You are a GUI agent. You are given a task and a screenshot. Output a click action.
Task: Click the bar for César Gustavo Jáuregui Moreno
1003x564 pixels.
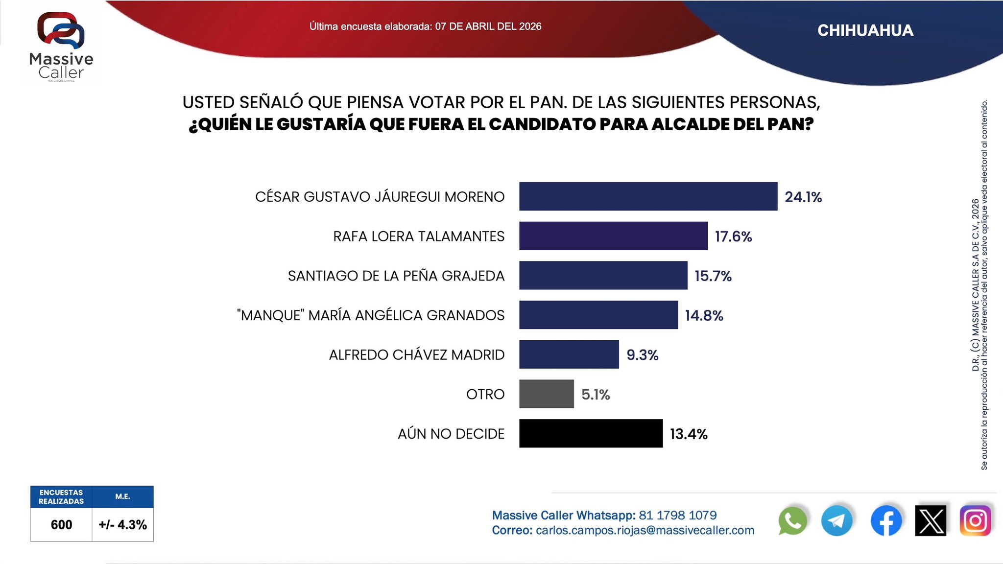point(648,196)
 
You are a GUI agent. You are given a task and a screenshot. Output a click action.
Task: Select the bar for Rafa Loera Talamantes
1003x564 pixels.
point(613,236)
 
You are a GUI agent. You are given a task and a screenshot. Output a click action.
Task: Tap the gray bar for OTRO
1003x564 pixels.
point(546,394)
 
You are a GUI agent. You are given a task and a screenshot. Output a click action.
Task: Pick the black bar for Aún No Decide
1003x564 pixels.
point(591,433)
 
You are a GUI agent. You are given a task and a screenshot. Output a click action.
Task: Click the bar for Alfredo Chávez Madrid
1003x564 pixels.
point(569,354)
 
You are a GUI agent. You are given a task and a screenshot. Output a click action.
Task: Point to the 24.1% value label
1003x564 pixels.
point(803,197)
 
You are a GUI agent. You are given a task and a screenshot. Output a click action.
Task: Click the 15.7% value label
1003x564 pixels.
point(713,276)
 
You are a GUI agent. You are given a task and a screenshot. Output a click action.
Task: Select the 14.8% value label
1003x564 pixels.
point(704,315)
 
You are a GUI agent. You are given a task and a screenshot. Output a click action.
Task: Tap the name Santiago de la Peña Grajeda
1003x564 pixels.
point(396,276)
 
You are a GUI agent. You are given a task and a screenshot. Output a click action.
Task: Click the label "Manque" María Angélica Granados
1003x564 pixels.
point(370,315)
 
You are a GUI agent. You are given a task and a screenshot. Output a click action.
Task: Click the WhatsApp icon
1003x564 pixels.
point(792,521)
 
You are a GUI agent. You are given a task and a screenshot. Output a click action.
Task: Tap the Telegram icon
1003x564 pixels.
point(836,521)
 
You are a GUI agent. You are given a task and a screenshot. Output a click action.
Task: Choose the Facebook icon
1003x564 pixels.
point(886,521)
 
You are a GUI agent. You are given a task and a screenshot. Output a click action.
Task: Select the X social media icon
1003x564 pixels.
point(931,521)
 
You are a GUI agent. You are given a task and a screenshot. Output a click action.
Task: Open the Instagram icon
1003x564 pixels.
point(975,521)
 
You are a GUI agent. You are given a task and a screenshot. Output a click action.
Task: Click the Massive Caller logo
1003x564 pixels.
point(61,47)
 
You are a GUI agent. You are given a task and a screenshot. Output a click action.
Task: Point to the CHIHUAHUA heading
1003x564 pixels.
point(865,30)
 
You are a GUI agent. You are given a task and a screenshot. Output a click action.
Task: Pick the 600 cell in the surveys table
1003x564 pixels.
point(61,524)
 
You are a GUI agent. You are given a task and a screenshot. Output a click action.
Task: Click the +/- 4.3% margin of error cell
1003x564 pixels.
point(122,524)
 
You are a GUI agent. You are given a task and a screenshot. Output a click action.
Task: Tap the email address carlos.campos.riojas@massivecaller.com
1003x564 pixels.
point(645,530)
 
